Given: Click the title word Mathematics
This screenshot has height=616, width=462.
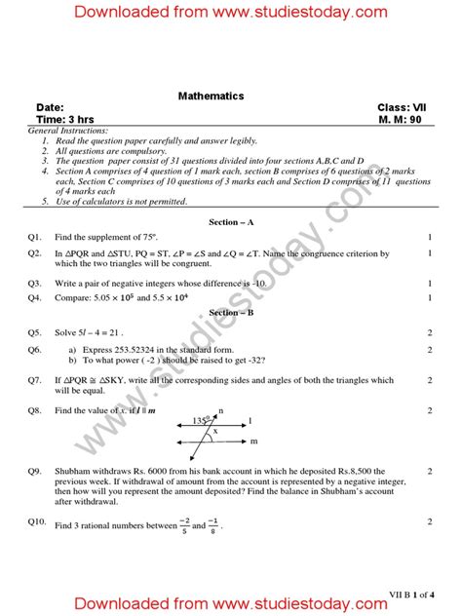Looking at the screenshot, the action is (x=211, y=96).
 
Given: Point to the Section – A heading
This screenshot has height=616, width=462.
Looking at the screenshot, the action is (x=230, y=222).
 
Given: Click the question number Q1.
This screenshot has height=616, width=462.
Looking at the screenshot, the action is (x=35, y=237).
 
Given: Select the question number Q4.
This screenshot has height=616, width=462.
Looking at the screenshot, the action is (x=35, y=295).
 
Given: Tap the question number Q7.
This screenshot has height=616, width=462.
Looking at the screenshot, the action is (x=35, y=380).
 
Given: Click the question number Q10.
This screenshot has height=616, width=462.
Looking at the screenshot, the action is (x=37, y=521).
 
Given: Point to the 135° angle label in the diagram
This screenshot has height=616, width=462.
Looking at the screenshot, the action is (x=201, y=421).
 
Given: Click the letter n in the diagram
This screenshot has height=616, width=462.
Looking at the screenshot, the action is (x=221, y=411).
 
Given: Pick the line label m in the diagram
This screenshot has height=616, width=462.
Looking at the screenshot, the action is (x=253, y=442).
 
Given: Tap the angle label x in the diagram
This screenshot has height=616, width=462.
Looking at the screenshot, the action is (x=215, y=431).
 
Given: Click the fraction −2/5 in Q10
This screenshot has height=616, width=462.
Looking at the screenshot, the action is (x=183, y=526).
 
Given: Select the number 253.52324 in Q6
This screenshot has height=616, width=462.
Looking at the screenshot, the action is (x=139, y=348).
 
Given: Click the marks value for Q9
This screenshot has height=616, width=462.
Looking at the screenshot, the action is (x=430, y=471).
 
